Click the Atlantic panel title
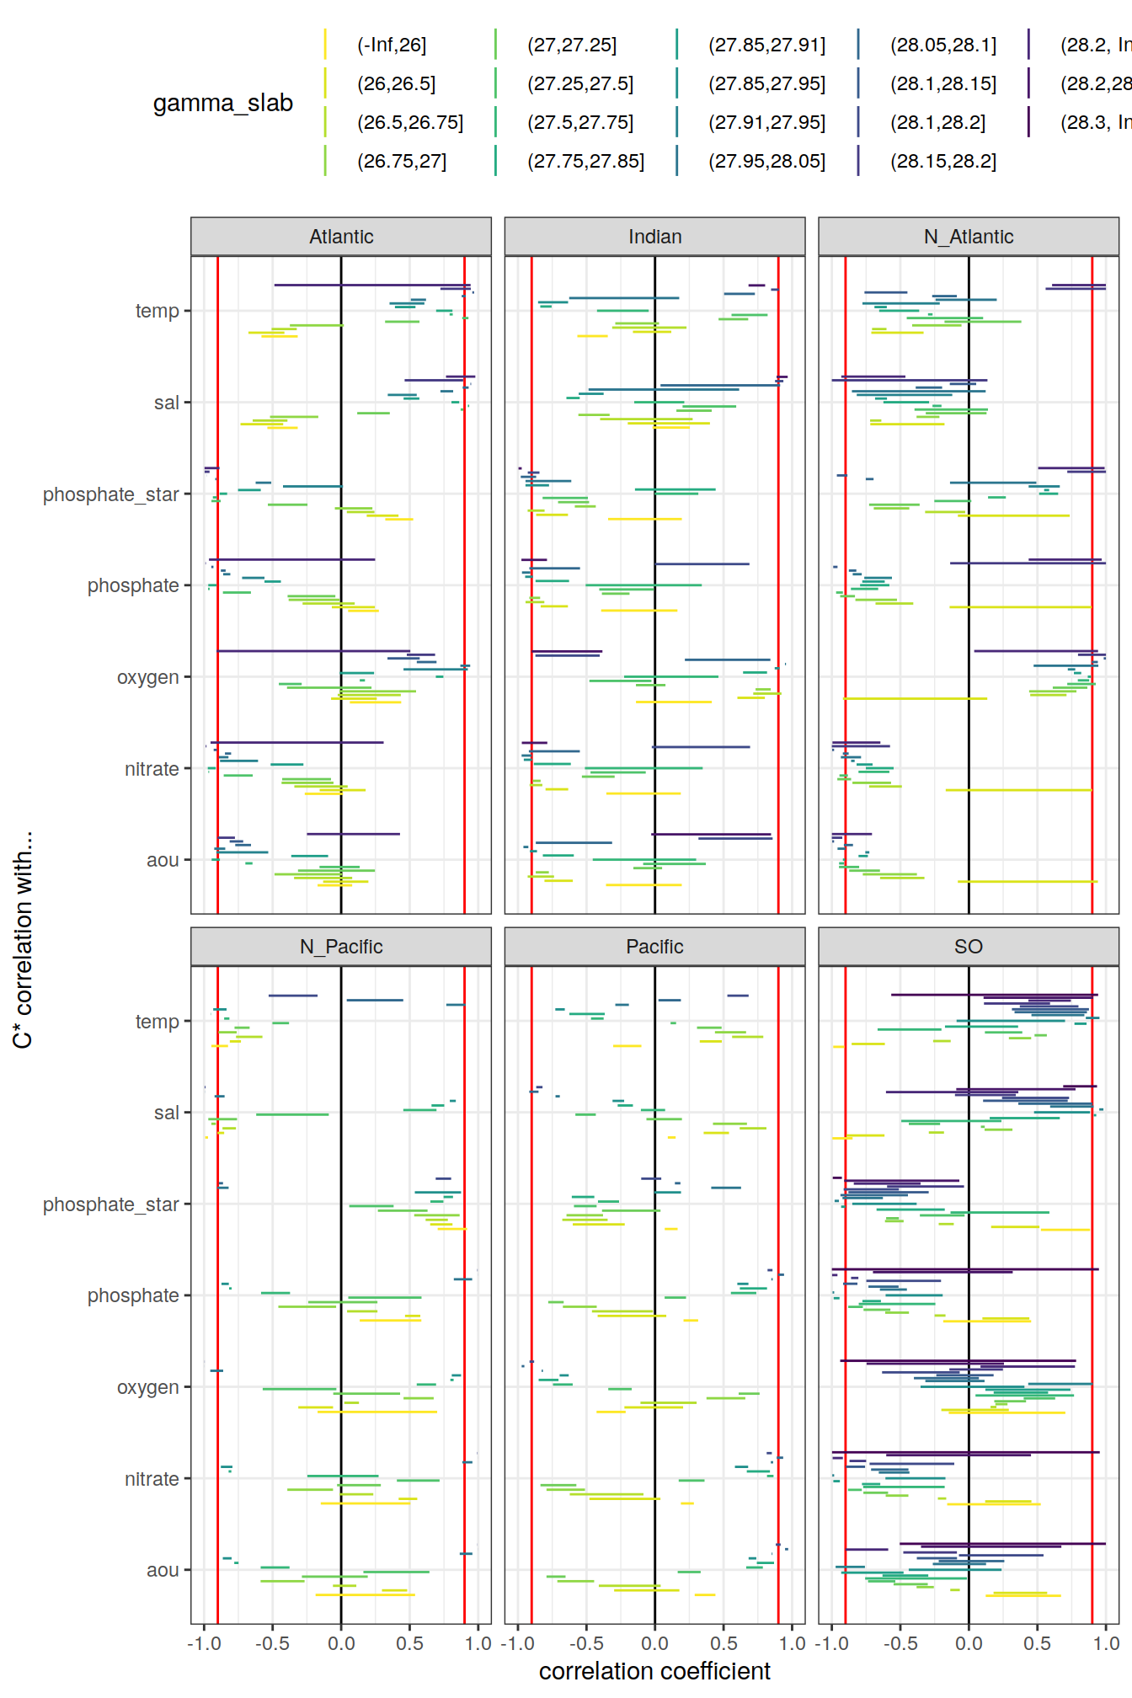[x=341, y=237]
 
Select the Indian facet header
[x=654, y=237]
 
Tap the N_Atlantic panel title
[x=968, y=237]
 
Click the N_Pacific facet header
[x=341, y=947]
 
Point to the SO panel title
[x=968, y=947]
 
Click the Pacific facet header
[x=654, y=947]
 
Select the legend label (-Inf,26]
[x=392, y=45]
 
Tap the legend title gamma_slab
[x=222, y=104]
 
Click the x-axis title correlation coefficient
[x=654, y=1671]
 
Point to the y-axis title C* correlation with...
[x=23, y=939]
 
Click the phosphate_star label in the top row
[x=111, y=494]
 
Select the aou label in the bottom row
[x=163, y=1570]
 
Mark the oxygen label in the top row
[x=147, y=677]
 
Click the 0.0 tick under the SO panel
[x=968, y=1643]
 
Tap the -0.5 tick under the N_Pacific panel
[x=272, y=1643]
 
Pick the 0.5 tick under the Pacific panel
[x=724, y=1643]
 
